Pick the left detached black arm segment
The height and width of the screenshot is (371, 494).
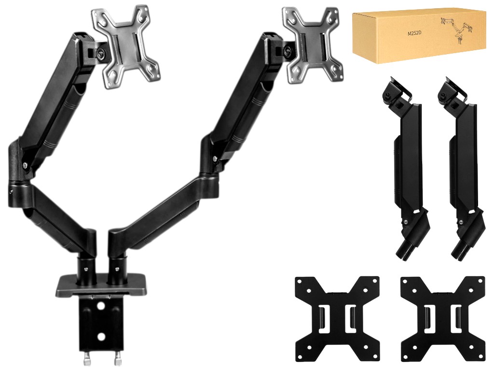point(403,167)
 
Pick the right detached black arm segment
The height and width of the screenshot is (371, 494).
point(459,167)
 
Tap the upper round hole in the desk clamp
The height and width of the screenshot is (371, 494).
point(101,306)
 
